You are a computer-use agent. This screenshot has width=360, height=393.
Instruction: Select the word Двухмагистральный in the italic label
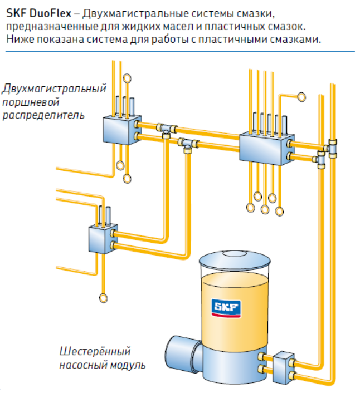[53, 89]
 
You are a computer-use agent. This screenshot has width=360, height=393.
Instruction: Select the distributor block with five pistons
[266, 145]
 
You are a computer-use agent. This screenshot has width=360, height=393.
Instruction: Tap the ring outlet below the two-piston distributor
[102, 297]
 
